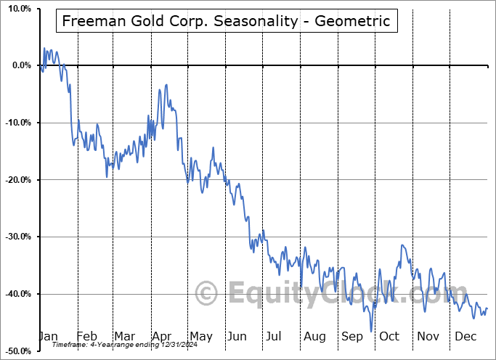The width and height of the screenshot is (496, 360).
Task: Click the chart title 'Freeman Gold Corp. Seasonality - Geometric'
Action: [226, 21]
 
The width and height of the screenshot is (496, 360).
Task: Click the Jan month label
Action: [48, 336]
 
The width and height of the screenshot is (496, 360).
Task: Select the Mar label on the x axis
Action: [124, 336]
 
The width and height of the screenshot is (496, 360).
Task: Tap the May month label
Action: [200, 336]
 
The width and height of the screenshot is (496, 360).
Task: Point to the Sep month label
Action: [352, 336]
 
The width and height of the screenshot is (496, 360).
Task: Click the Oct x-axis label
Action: [390, 336]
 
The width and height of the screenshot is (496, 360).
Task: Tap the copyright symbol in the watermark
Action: [207, 294]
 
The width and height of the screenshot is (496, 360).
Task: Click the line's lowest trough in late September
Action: [371, 331]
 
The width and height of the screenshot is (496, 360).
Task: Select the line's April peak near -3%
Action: [166, 85]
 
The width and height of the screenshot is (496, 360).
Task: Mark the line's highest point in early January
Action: [44, 49]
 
